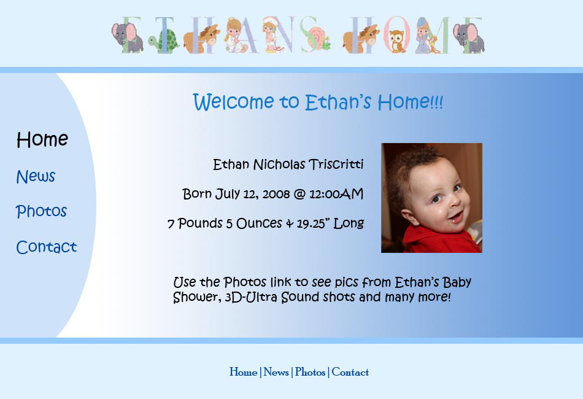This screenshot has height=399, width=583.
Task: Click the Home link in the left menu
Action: tap(42, 140)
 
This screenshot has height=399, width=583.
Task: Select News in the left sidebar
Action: tap(36, 177)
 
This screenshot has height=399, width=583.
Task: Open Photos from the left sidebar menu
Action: tap(41, 212)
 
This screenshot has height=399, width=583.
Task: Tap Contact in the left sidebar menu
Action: tap(46, 247)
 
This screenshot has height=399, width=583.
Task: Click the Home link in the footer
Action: tap(243, 372)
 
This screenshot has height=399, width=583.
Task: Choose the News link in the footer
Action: tap(276, 372)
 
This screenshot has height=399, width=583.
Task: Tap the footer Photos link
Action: tap(310, 372)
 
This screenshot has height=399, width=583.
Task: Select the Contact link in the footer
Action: tap(350, 372)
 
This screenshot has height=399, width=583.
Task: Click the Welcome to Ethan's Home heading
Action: tap(317, 102)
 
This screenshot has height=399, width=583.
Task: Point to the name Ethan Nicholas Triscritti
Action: tap(288, 165)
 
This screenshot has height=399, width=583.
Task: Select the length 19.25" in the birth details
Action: tap(314, 223)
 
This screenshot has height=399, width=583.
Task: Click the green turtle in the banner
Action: tap(164, 42)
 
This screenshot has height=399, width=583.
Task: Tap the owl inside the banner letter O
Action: tap(396, 42)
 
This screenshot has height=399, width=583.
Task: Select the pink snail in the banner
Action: tap(317, 38)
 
